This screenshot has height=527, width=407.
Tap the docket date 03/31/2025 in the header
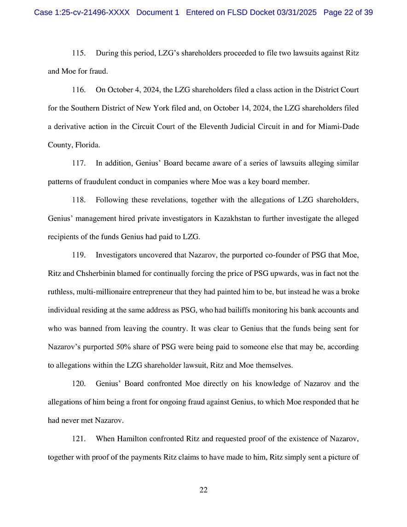[x=297, y=12]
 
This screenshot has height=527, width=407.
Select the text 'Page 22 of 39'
[x=348, y=12]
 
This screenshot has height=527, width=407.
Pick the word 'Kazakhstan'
[x=233, y=218]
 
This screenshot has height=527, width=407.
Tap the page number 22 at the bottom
[x=203, y=490]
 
